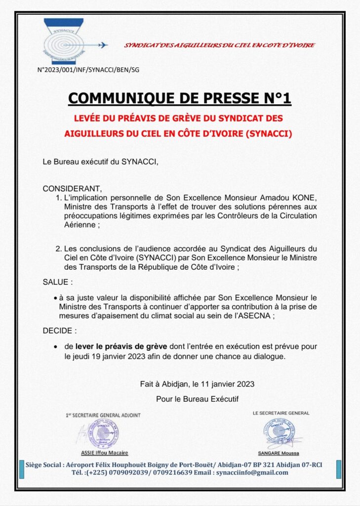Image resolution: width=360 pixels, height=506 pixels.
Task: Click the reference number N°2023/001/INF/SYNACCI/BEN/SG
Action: click(x=88, y=70)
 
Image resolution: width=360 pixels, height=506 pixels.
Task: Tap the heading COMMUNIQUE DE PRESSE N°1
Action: click(x=180, y=98)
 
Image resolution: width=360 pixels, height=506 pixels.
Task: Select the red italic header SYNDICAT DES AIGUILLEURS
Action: click(x=219, y=45)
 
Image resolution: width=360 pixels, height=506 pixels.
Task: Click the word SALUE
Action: click(x=56, y=282)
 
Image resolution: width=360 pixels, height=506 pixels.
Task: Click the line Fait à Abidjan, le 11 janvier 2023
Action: click(x=197, y=384)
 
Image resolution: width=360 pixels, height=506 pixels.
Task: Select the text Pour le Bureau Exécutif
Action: click(x=197, y=398)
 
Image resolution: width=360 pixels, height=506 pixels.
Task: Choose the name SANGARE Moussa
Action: click(x=279, y=453)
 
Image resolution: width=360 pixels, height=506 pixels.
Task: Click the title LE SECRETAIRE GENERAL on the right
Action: click(x=280, y=413)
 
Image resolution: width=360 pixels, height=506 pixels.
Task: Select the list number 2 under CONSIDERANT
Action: click(x=58, y=249)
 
